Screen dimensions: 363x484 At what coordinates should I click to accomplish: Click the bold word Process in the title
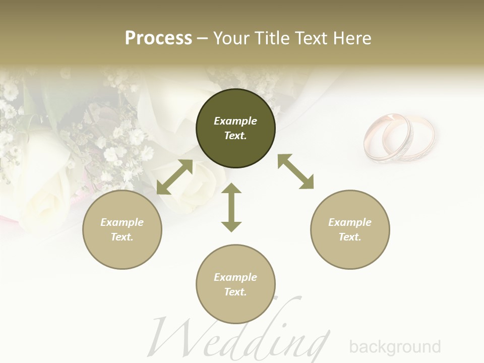click(x=158, y=38)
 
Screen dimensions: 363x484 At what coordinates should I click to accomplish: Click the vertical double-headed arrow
click(x=231, y=207)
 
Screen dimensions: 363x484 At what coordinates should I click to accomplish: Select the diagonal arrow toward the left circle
click(x=174, y=177)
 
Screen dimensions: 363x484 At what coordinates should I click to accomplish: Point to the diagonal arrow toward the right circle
click(x=296, y=171)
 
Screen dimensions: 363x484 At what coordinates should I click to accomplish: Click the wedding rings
click(x=399, y=138)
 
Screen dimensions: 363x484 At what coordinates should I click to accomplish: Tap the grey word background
click(x=395, y=347)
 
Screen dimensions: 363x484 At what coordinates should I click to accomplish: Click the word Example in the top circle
click(x=235, y=121)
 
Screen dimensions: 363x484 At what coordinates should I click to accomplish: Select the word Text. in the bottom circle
click(x=235, y=292)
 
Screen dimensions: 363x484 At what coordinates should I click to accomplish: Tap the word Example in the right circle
click(x=350, y=222)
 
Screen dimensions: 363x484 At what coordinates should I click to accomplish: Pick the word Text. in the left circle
click(x=122, y=237)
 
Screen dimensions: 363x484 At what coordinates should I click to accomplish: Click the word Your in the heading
click(x=231, y=38)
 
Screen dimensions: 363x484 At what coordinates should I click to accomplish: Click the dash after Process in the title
click(x=202, y=38)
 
